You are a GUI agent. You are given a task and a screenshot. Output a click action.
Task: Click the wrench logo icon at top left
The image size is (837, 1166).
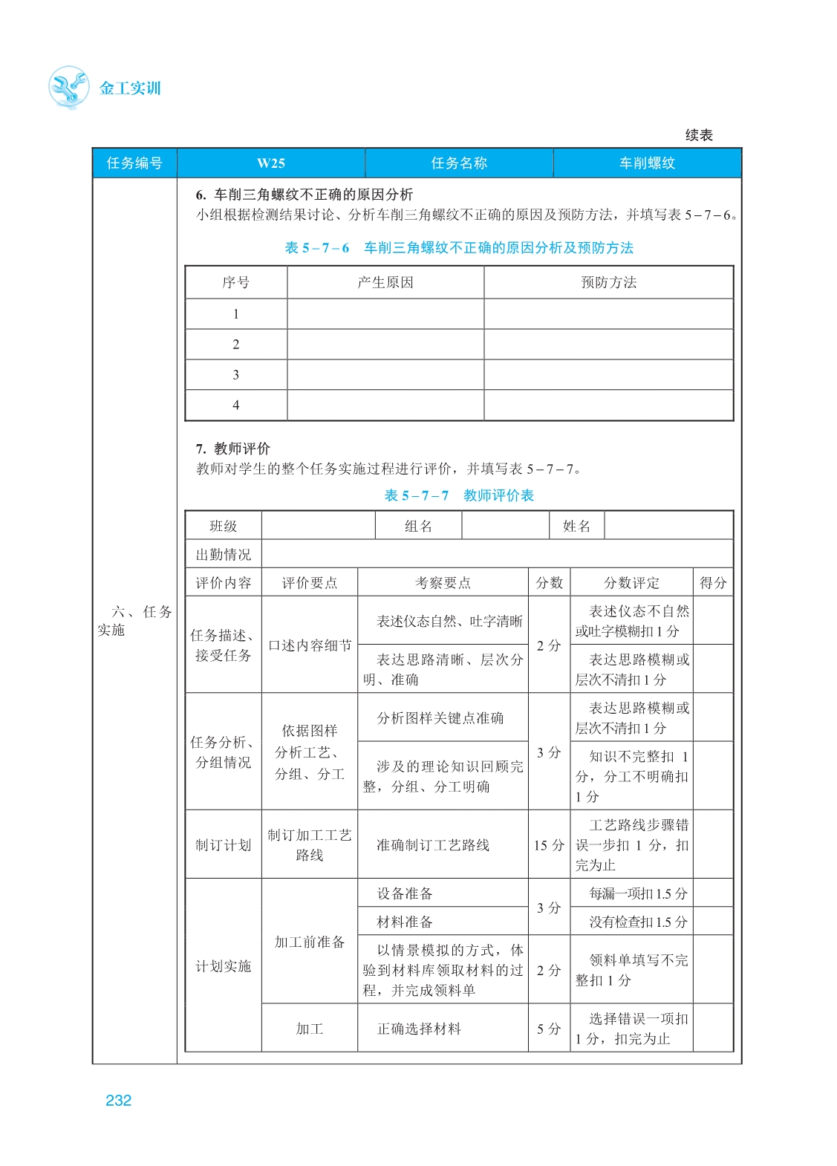(x=68, y=87)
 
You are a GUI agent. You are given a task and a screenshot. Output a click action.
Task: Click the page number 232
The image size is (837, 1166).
(x=118, y=1101)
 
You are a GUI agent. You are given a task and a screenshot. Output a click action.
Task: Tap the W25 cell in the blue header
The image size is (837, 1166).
(x=271, y=163)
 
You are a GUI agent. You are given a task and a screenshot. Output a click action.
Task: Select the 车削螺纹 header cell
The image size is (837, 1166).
(x=647, y=163)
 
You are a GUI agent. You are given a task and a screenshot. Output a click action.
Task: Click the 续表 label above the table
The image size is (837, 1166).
(x=699, y=135)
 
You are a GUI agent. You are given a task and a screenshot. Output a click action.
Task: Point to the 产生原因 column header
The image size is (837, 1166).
(x=385, y=283)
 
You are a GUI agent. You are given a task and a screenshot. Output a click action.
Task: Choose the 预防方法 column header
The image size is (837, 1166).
(x=608, y=283)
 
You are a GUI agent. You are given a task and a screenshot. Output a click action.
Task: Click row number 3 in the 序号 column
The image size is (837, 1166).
(x=236, y=375)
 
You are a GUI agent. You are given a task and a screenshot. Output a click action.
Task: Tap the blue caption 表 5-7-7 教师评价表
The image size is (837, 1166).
(x=459, y=495)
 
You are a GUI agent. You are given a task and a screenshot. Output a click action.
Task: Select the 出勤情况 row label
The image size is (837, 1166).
(x=224, y=555)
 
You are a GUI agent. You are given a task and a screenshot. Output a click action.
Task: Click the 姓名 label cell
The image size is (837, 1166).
(x=576, y=527)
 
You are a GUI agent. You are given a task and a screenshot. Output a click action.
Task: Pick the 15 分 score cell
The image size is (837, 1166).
(x=549, y=845)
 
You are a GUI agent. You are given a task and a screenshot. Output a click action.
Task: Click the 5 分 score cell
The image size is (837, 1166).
(x=549, y=1029)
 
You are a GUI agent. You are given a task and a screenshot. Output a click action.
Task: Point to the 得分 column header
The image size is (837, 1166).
(x=713, y=583)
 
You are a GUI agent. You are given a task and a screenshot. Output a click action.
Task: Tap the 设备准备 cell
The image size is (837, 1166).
(x=405, y=893)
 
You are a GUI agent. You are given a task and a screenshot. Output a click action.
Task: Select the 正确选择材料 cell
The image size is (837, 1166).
(x=419, y=1029)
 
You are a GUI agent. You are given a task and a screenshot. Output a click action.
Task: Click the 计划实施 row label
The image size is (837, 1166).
(x=224, y=966)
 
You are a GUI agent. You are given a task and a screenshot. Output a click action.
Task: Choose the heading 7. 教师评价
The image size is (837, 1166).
(x=233, y=449)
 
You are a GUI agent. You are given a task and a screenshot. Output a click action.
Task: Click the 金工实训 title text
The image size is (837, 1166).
(x=130, y=88)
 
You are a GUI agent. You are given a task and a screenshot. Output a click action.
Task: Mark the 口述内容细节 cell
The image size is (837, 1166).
(x=310, y=645)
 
